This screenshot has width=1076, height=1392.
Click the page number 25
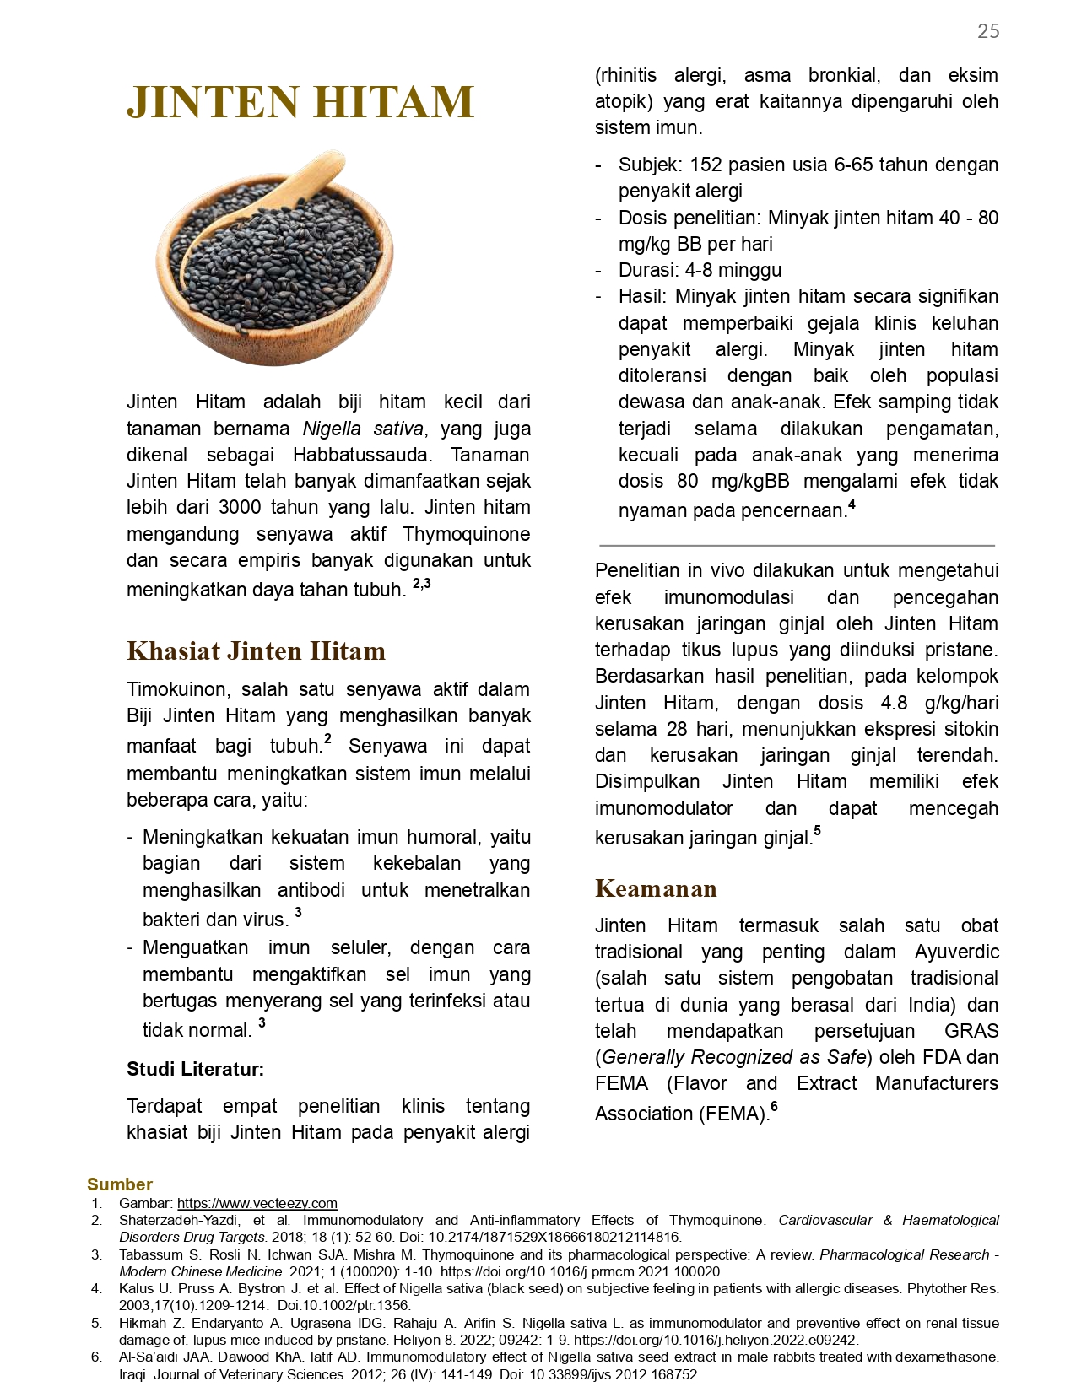[x=987, y=31]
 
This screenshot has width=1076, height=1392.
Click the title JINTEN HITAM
[x=300, y=102]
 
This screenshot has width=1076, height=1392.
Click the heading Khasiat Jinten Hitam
[x=256, y=651]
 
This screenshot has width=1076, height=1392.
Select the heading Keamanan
[x=656, y=888]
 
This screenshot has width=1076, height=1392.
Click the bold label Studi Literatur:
[x=195, y=1069]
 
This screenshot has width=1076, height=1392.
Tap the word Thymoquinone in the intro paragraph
[x=466, y=534]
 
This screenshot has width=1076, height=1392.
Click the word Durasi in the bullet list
[x=646, y=270]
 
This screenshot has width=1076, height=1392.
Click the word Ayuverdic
[x=956, y=952]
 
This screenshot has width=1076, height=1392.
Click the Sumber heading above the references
[x=120, y=1184]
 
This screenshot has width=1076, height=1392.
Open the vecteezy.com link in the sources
[x=257, y=1203]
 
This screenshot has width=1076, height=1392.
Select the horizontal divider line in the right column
[x=797, y=546]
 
